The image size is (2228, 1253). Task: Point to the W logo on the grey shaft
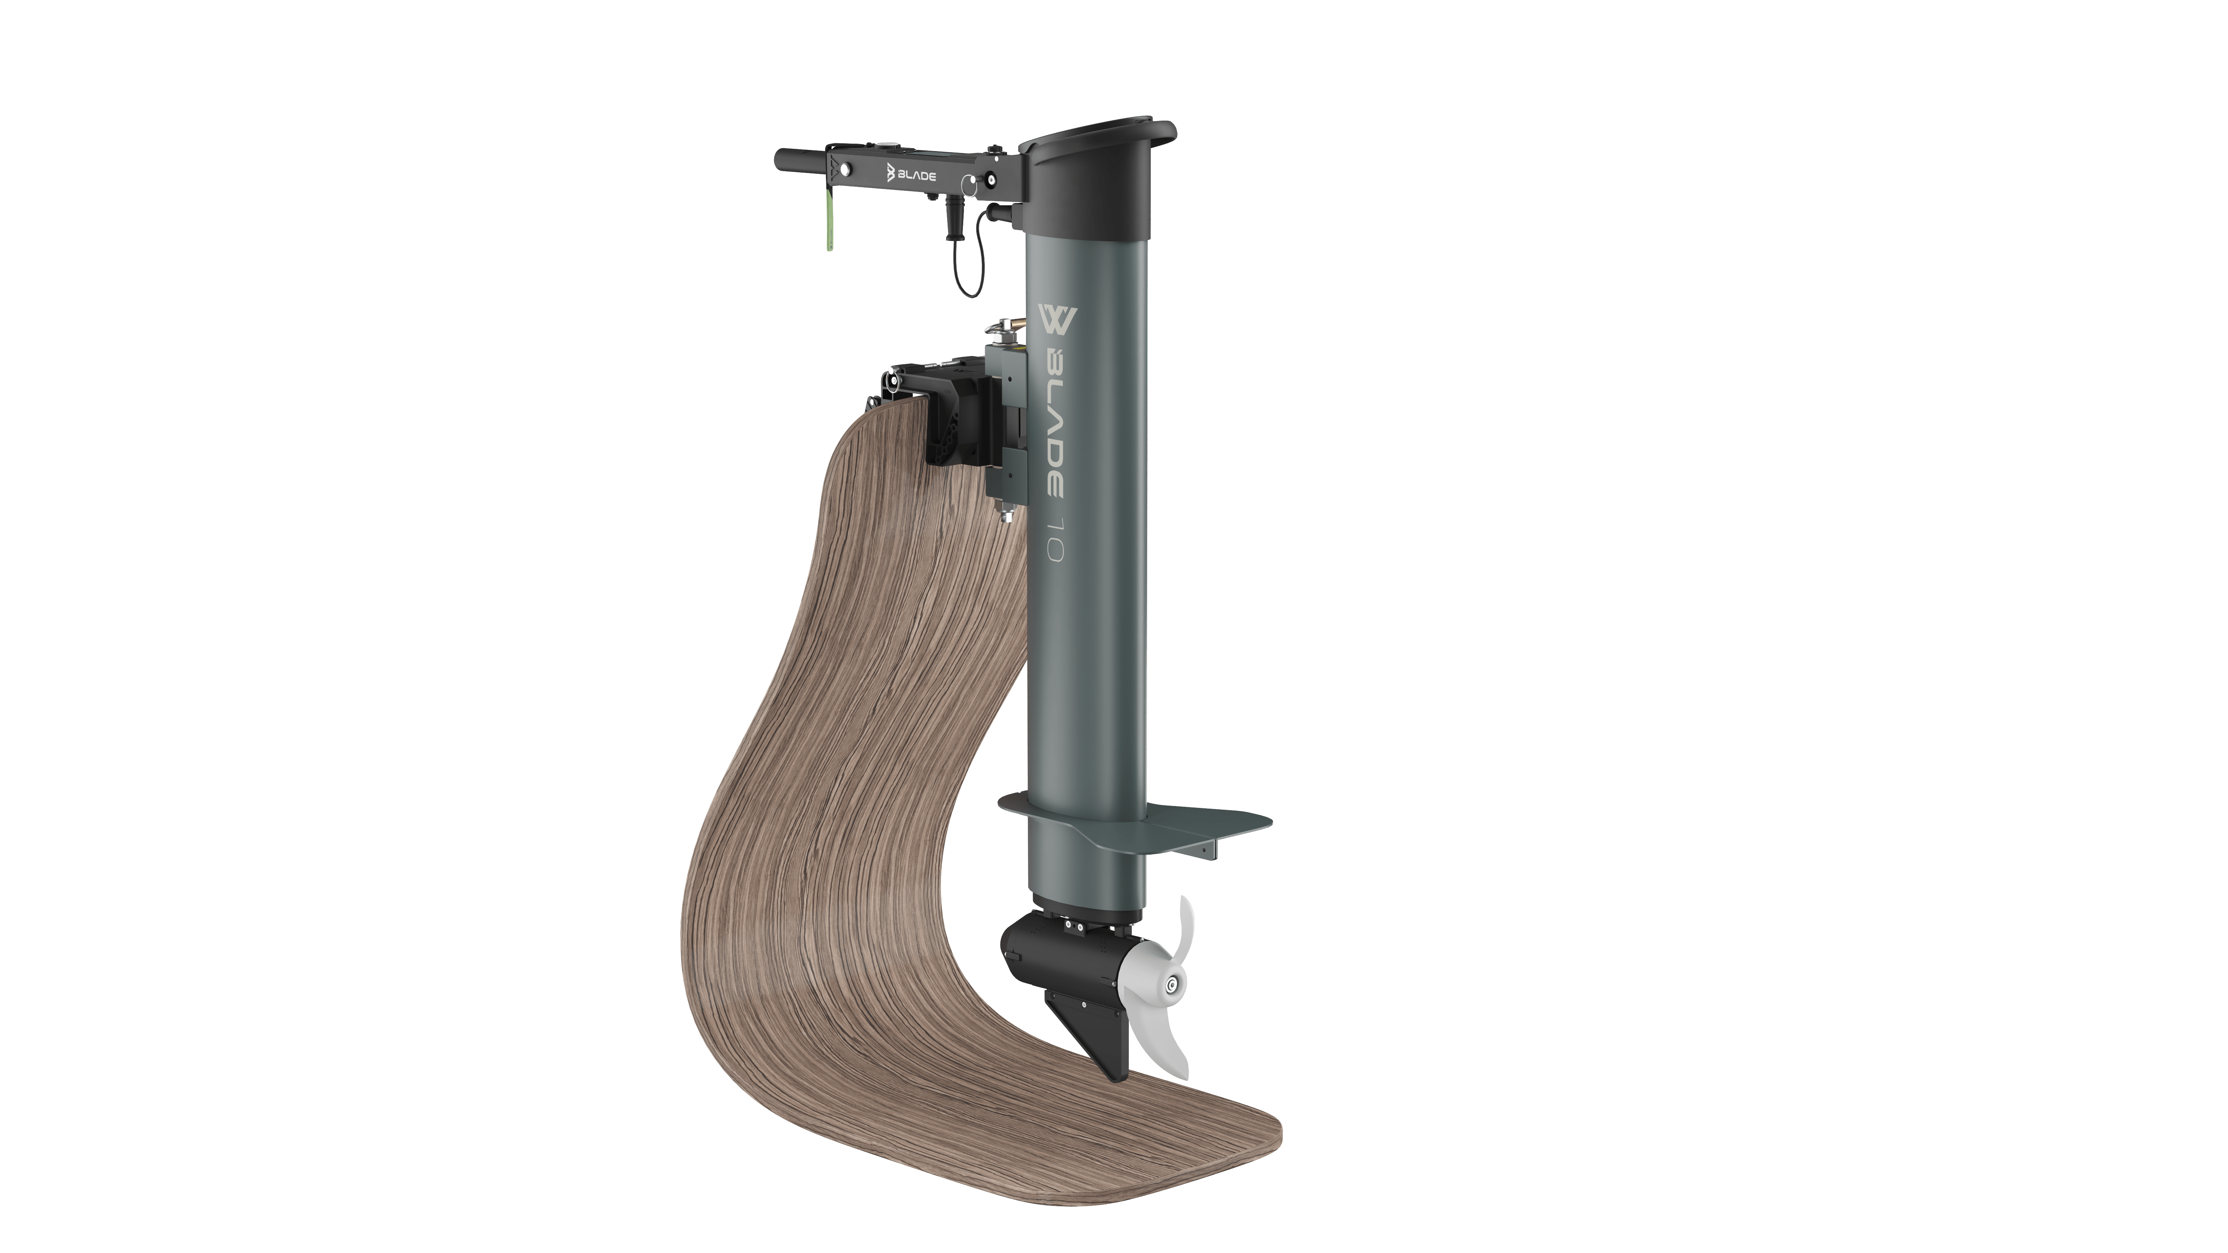[x=1055, y=317]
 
